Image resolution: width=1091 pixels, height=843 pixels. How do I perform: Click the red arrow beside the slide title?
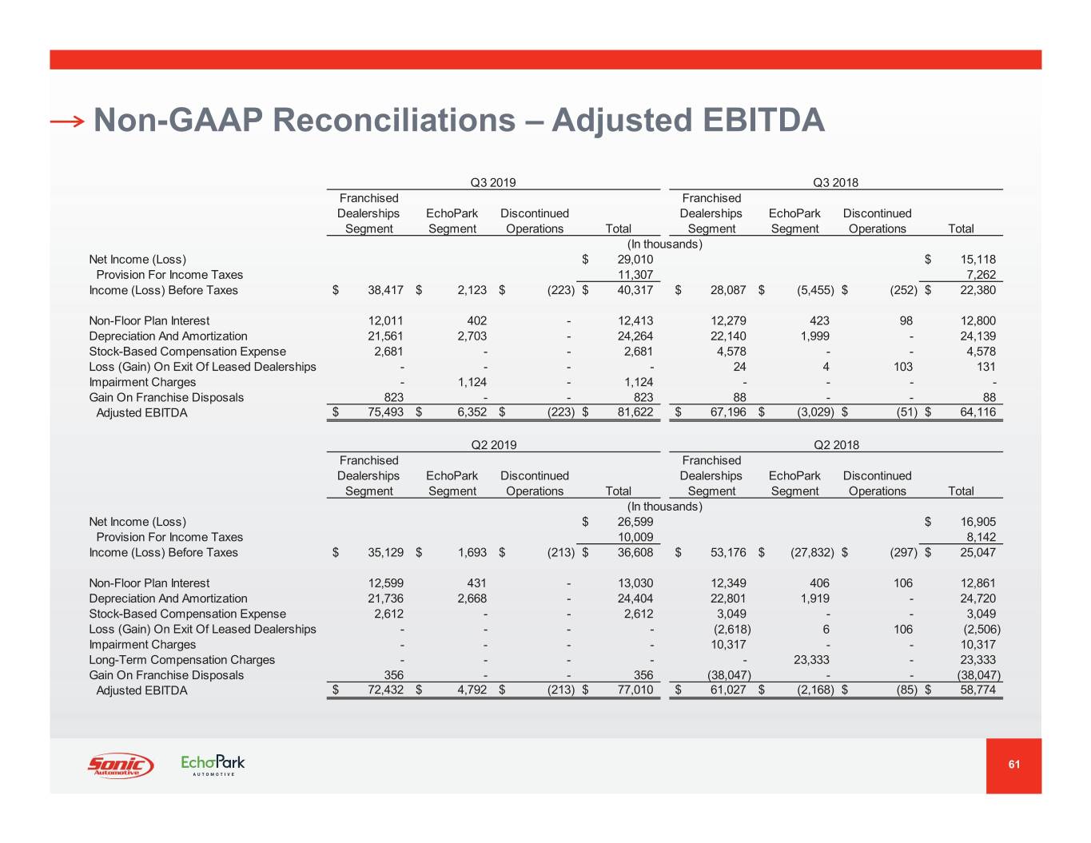coord(67,121)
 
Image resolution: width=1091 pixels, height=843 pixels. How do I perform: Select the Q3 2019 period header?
coord(493,182)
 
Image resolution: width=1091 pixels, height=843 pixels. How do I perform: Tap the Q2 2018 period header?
coord(836,445)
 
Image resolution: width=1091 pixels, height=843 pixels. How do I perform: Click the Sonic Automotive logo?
coord(120,765)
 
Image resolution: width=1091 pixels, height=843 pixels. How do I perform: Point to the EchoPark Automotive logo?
coord(213,765)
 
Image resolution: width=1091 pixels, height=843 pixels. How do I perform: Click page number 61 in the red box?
coord(1013,765)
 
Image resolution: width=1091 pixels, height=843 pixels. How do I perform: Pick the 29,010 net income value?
coord(635,260)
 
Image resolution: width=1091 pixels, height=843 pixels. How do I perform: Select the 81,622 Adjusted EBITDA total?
coord(635,413)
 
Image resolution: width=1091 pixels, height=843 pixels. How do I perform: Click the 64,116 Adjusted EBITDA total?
coord(978,413)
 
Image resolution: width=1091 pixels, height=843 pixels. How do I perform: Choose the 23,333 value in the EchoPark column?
coord(811,660)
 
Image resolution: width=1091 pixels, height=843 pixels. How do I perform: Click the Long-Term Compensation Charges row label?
coord(181,660)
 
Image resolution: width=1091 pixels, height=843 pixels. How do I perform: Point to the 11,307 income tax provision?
coord(635,275)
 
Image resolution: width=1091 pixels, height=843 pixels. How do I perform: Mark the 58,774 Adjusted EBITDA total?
coord(978,690)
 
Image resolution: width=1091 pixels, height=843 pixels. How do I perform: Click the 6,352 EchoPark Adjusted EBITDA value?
coord(472,413)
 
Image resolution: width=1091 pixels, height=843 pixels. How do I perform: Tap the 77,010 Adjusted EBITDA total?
coord(635,690)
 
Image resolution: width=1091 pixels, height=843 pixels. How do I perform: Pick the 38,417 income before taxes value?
coord(385,291)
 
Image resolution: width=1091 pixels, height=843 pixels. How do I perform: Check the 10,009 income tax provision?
coord(635,538)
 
